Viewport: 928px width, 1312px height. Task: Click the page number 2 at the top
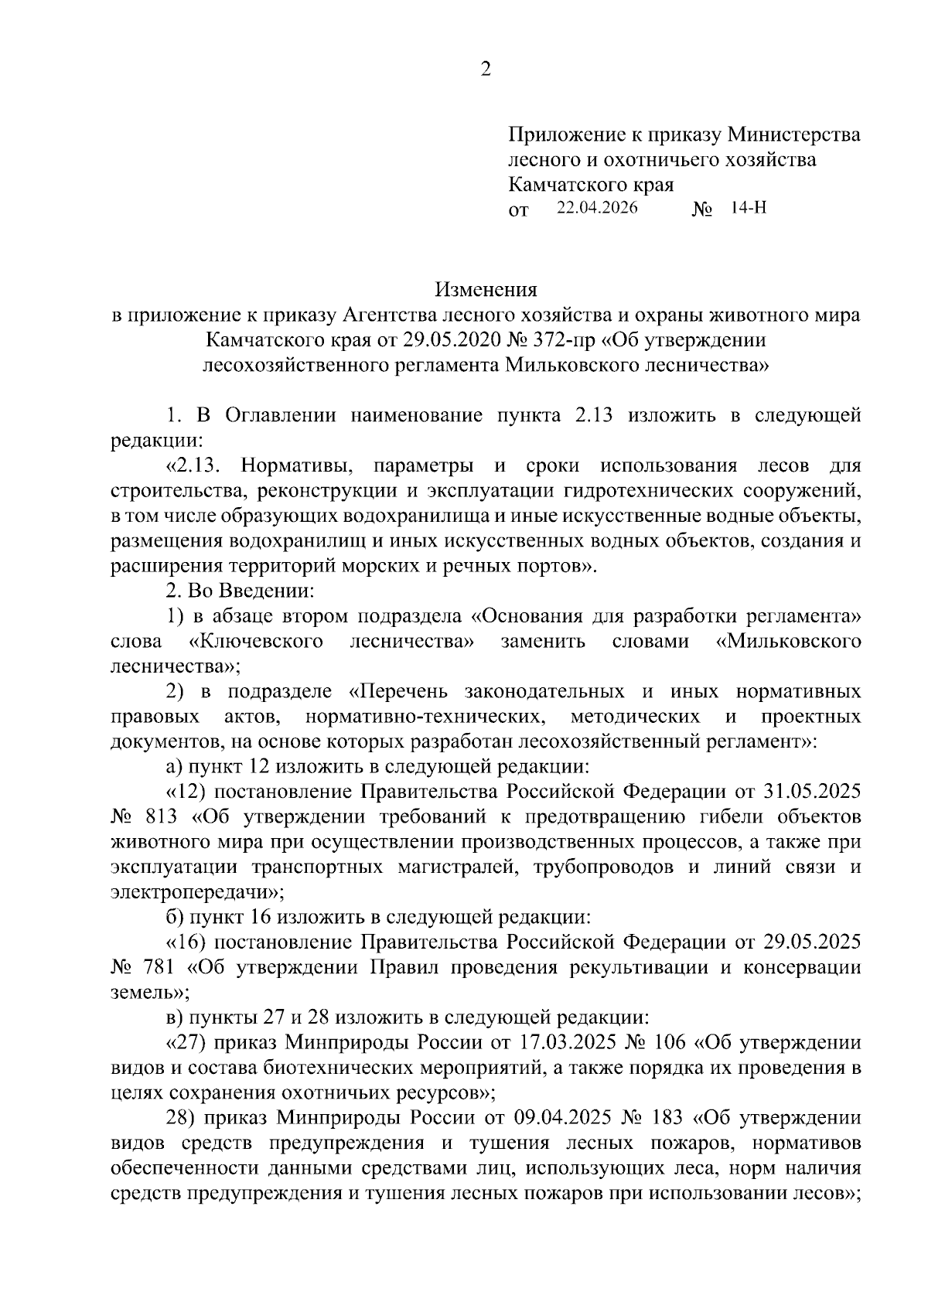(486, 70)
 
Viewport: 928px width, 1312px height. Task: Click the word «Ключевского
(256, 642)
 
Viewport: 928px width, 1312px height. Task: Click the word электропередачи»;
(197, 892)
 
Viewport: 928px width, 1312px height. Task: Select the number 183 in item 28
(666, 1118)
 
